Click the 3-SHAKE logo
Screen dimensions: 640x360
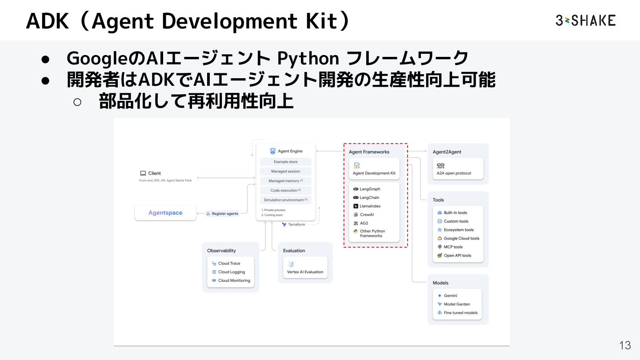pyautogui.click(x=585, y=20)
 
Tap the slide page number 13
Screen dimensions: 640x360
pyautogui.click(x=625, y=345)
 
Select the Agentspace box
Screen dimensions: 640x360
pyautogui.click(x=165, y=213)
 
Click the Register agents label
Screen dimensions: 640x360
pyautogui.click(x=222, y=214)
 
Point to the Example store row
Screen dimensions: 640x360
pyautogui.click(x=286, y=162)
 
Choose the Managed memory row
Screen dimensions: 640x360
pyautogui.click(x=286, y=181)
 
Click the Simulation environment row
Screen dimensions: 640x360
pyautogui.click(x=286, y=200)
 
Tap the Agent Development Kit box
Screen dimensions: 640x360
pyautogui.click(x=374, y=169)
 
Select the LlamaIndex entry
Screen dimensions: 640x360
pyautogui.click(x=370, y=206)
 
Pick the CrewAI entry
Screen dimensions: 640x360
pyautogui.click(x=367, y=215)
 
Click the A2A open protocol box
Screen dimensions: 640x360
pyautogui.click(x=458, y=169)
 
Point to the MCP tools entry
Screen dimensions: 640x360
pyautogui.click(x=453, y=247)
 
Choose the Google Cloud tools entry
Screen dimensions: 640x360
pyautogui.click(x=461, y=239)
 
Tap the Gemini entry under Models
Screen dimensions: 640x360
pyautogui.click(x=450, y=296)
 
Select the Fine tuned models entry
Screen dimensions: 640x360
pyautogui.click(x=460, y=313)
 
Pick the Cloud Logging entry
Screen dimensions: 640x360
pyautogui.click(x=231, y=272)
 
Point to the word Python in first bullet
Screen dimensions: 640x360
pyautogui.click(x=308, y=58)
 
